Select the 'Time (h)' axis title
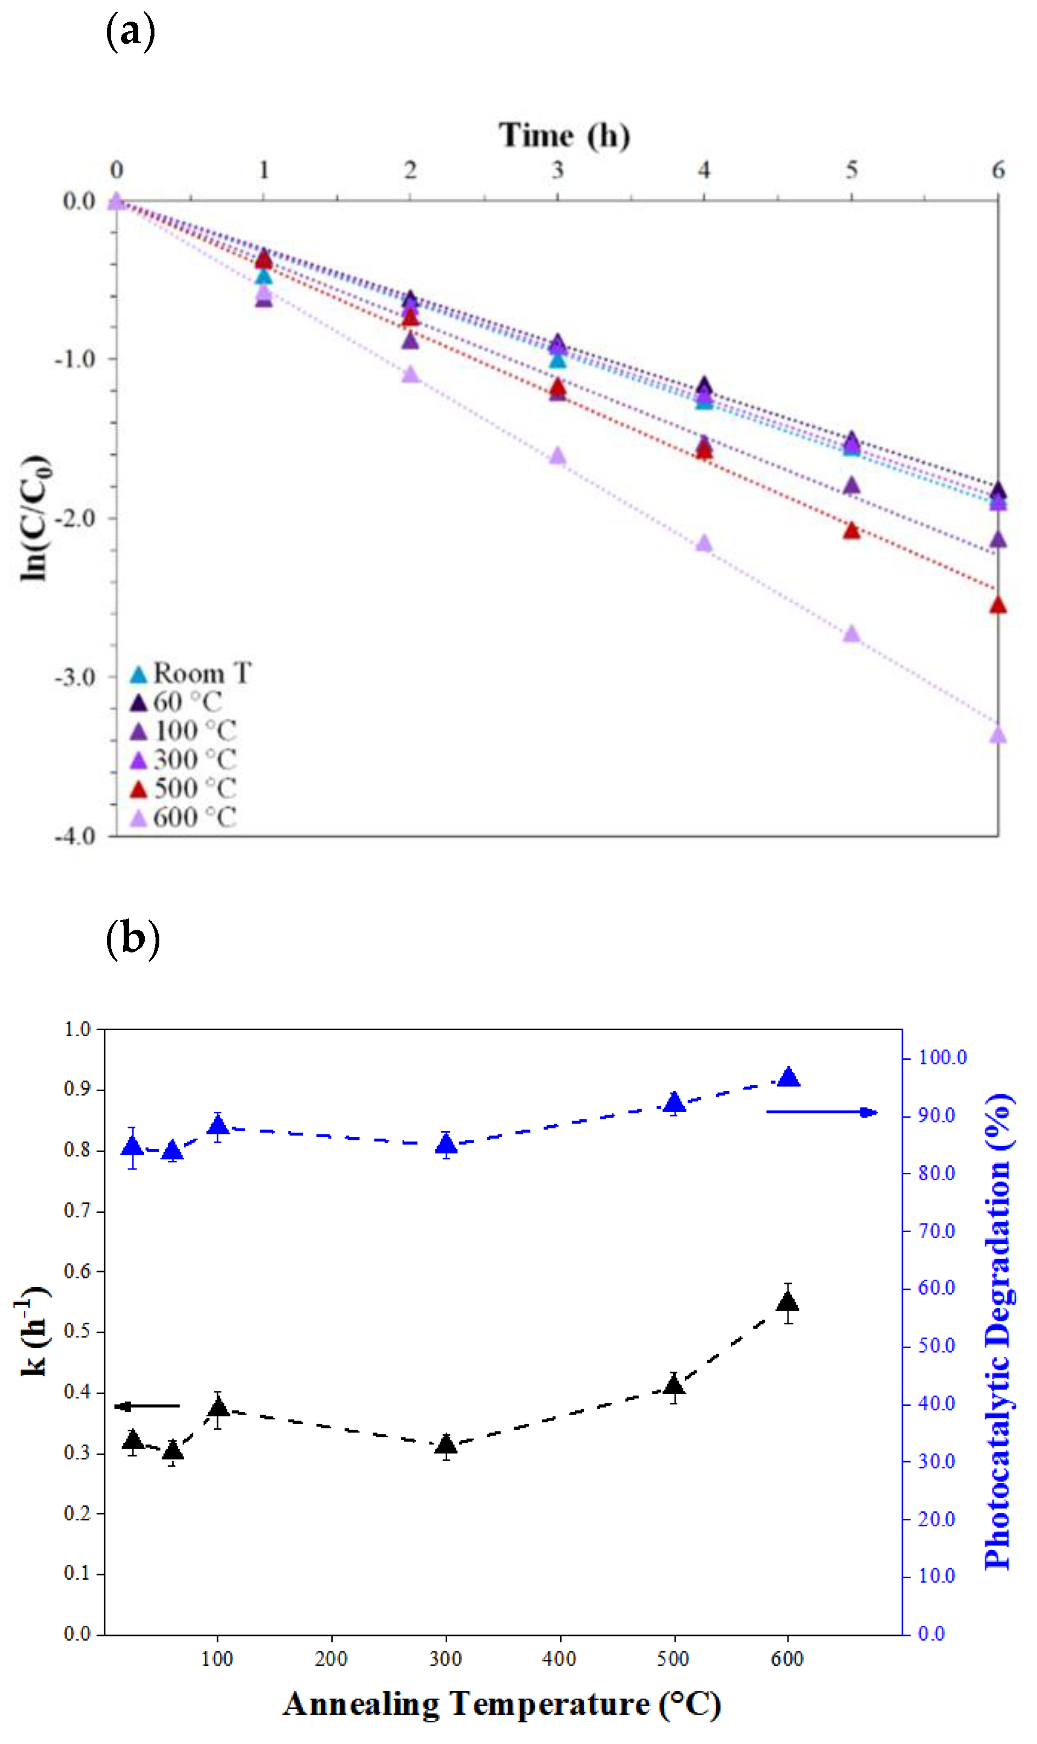coord(563,135)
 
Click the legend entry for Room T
coord(190,673)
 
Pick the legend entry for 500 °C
coord(184,788)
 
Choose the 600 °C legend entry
coord(184,817)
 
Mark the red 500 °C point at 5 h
coord(851,531)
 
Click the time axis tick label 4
coord(704,170)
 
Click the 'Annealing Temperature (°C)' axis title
coord(502,1704)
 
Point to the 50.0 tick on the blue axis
coord(937,1346)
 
